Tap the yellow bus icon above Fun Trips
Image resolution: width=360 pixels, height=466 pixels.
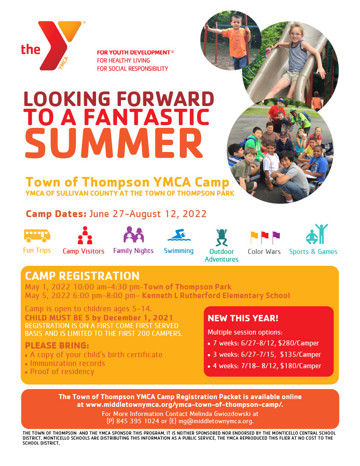37,236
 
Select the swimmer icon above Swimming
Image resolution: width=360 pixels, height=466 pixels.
179,235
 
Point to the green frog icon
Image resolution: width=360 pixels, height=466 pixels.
222,237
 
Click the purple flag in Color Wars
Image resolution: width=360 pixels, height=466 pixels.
276,237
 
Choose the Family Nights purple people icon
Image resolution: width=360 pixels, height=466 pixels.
134,234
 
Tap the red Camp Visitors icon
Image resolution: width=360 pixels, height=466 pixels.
85,235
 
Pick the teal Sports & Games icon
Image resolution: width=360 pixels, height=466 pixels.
317,234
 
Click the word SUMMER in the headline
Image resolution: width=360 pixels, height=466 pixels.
114,143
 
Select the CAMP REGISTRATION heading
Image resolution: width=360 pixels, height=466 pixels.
82,276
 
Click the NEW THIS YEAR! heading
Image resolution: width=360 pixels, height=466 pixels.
243,318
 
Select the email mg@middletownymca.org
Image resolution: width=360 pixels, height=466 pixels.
216,421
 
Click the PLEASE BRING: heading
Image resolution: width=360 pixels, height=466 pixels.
57,346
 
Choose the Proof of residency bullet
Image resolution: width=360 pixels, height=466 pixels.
60,372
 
